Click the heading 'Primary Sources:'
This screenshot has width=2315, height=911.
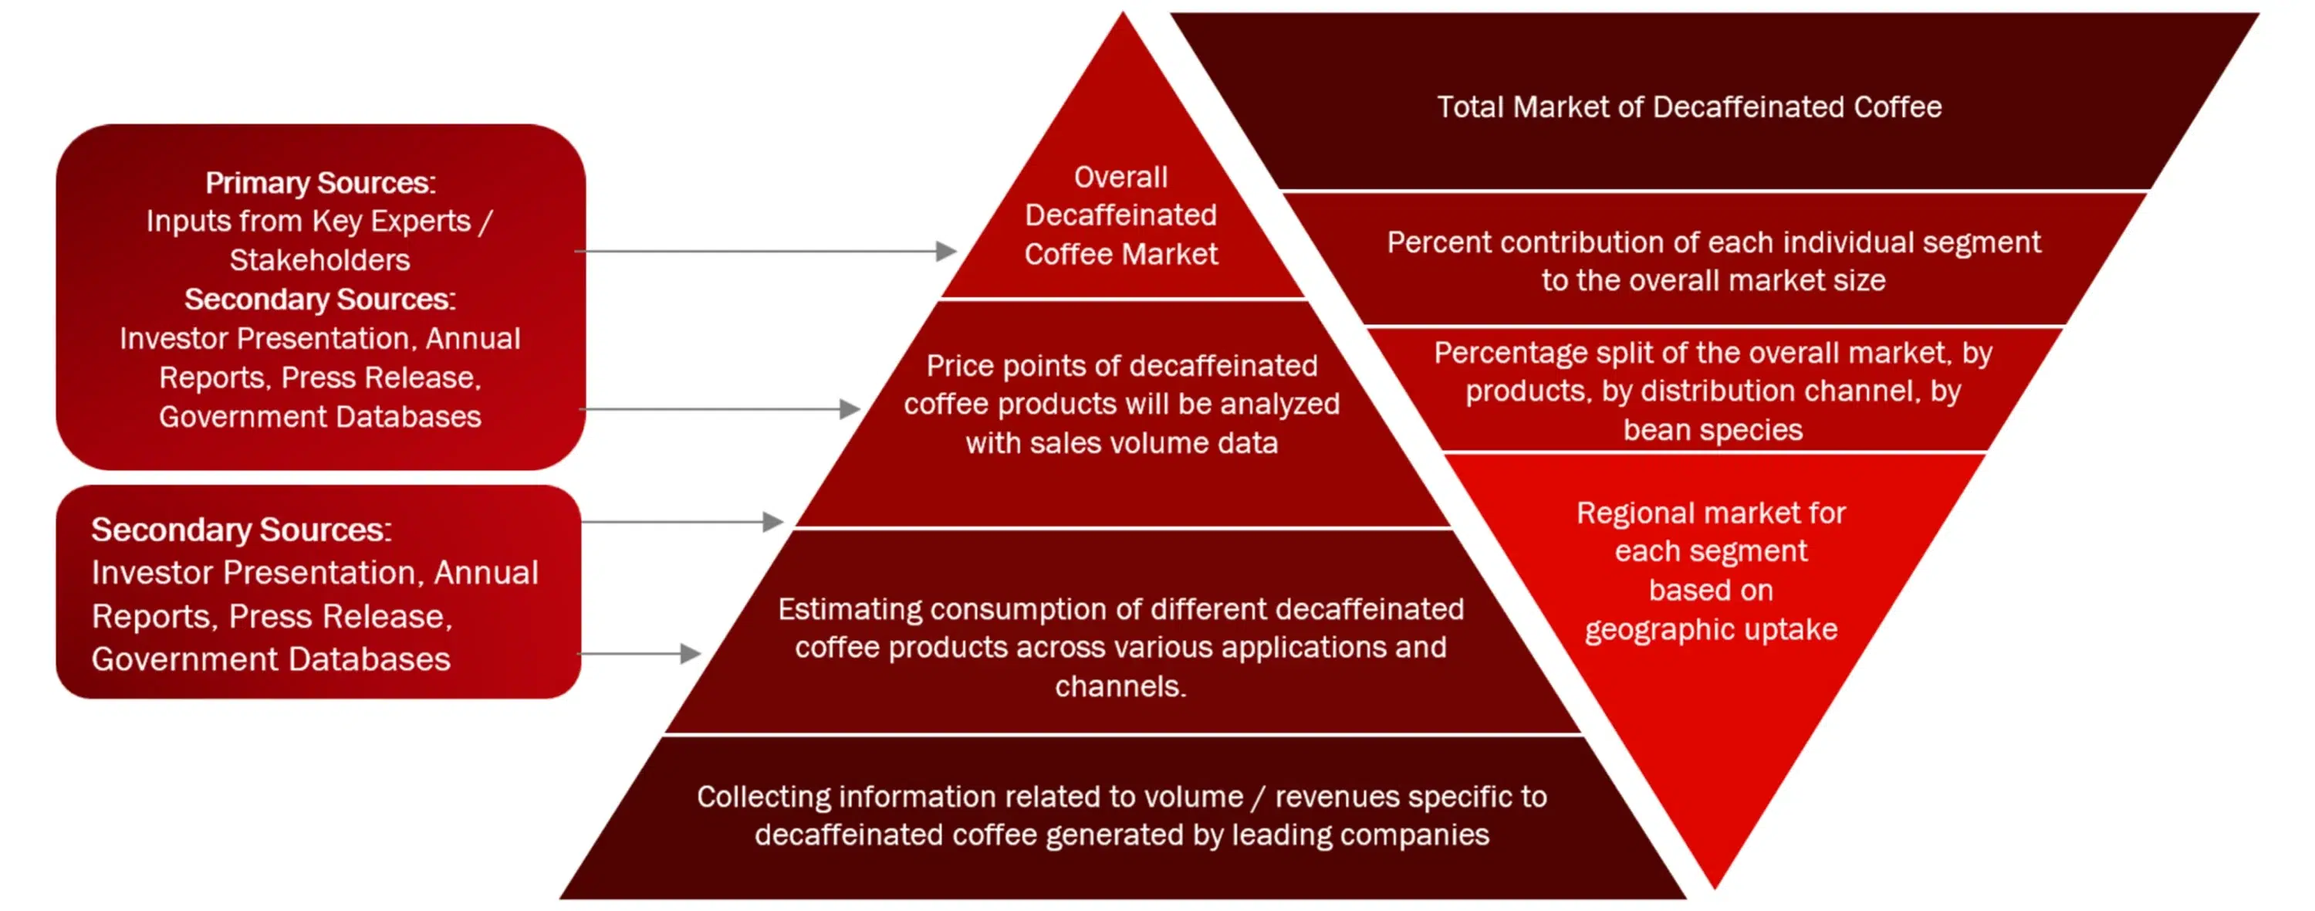[320, 182]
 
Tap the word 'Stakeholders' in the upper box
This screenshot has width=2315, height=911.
[320, 260]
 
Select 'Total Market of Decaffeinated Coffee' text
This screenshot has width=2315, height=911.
[1689, 107]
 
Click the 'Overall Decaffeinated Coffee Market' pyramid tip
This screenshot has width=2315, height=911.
[1123, 12]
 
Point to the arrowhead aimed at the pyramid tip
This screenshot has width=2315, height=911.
[945, 251]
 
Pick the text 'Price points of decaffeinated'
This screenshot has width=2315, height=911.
[1121, 366]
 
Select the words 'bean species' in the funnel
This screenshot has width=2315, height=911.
[1713, 430]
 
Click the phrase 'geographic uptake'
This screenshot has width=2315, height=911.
[1711, 629]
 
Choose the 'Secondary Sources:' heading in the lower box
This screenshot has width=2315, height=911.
[242, 530]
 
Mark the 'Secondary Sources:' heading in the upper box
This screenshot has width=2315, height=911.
[320, 300]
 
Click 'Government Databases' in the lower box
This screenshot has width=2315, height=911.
[271, 659]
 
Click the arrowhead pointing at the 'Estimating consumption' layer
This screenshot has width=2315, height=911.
[690, 654]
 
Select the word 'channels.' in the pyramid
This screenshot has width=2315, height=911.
[1120, 687]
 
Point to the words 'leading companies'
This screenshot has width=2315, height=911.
[1360, 835]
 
